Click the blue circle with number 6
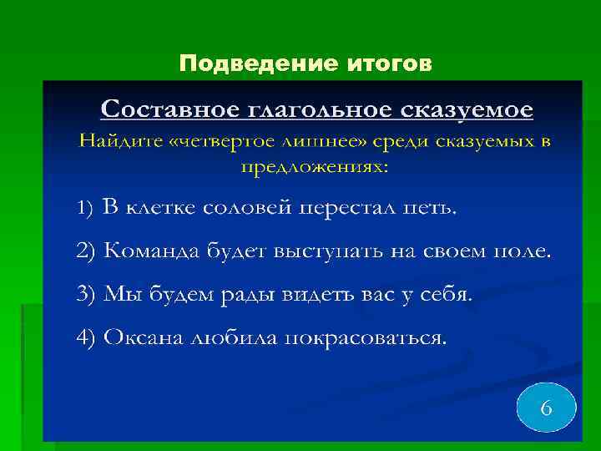546,408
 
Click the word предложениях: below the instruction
315,166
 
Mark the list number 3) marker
86,295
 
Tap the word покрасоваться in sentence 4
364,338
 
